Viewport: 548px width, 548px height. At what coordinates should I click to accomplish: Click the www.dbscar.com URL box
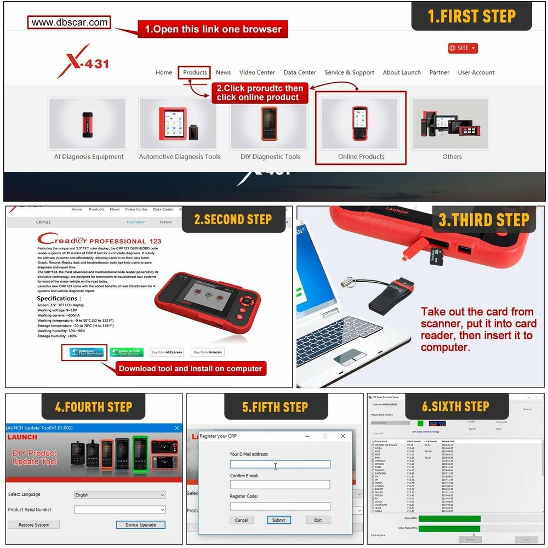[70, 22]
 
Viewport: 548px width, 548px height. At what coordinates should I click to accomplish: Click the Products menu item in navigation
[195, 72]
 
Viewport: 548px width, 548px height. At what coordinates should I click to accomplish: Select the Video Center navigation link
[257, 72]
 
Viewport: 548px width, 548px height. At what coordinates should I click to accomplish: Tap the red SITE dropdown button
[463, 48]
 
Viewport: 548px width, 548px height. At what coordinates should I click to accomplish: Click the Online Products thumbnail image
[361, 123]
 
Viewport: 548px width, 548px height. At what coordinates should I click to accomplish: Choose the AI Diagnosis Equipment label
[89, 157]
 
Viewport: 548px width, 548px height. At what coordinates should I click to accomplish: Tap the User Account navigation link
[476, 72]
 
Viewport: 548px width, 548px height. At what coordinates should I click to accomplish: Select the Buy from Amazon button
[208, 352]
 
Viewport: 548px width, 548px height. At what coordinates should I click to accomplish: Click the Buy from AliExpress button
[167, 352]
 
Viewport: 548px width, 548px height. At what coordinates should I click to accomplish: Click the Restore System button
[34, 525]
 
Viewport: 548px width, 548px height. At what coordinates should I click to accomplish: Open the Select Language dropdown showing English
[119, 495]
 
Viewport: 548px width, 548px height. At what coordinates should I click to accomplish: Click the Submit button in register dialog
[279, 520]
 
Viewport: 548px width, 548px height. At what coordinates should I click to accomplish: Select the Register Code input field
[280, 506]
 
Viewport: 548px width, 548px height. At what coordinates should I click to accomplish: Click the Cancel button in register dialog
[242, 520]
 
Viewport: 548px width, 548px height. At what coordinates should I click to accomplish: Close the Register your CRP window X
[343, 436]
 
